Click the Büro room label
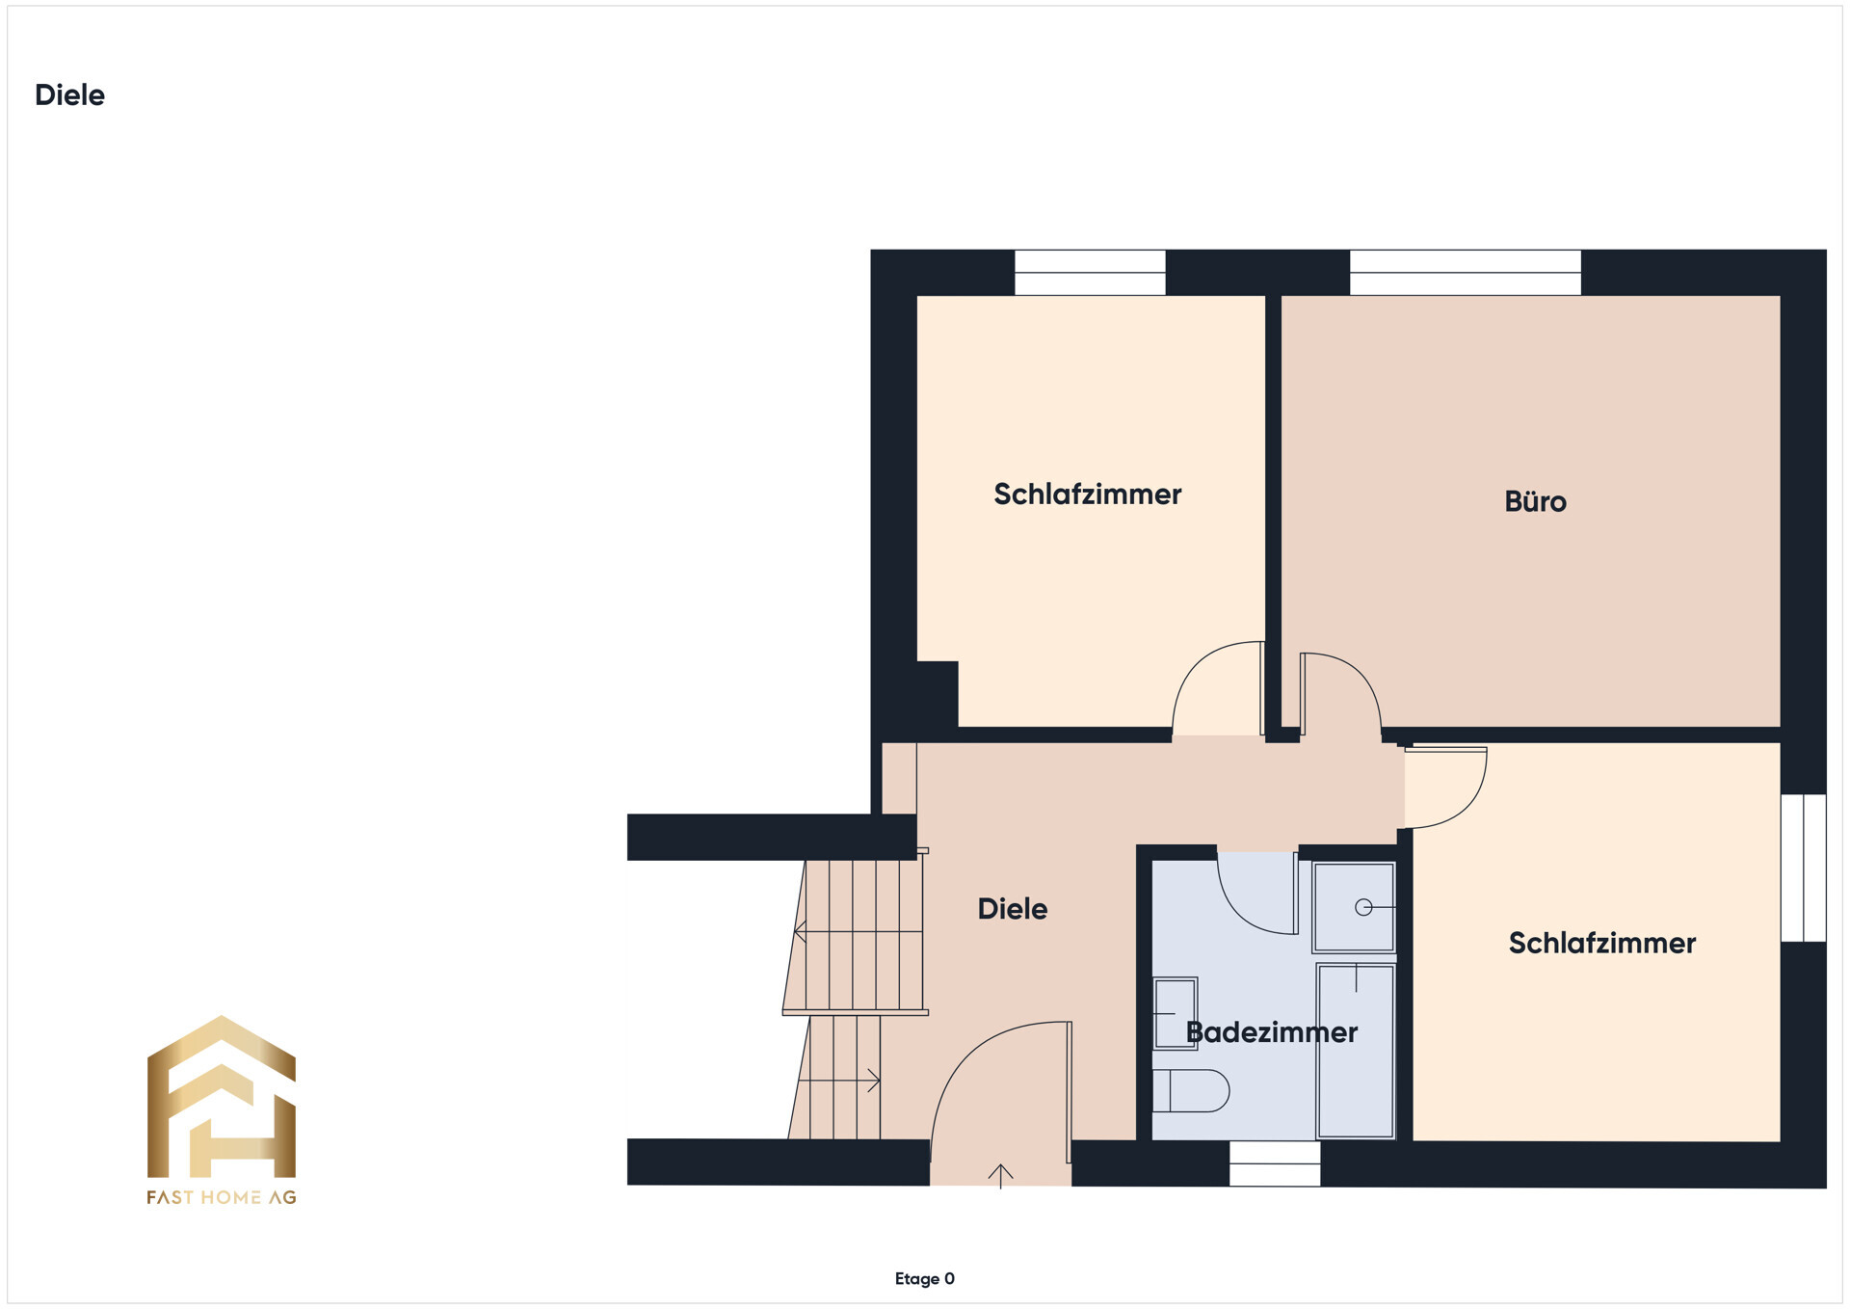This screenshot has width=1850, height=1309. tap(1535, 501)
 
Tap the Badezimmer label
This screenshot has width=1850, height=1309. tap(1271, 1032)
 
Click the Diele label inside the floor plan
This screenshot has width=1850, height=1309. tap(1012, 909)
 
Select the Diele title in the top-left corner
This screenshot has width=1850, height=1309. tap(69, 94)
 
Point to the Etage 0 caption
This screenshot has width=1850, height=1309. tap(924, 1279)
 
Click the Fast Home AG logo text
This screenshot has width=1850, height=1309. tap(221, 1197)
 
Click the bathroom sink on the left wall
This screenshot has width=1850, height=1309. tap(1176, 1012)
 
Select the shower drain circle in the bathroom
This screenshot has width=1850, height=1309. tap(1363, 907)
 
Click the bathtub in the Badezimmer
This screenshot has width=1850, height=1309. tap(1356, 1051)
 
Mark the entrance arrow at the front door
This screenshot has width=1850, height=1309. tap(1000, 1175)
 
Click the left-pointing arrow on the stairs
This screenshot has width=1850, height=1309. tap(800, 931)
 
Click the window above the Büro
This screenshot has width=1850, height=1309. tap(1465, 273)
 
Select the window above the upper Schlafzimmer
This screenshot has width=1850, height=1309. tap(1090, 273)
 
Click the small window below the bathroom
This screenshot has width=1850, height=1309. tap(1274, 1163)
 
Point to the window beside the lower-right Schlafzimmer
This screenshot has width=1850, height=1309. tap(1803, 868)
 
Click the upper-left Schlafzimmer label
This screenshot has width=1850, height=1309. tap(1087, 494)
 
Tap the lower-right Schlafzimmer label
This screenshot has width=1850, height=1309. tap(1601, 943)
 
